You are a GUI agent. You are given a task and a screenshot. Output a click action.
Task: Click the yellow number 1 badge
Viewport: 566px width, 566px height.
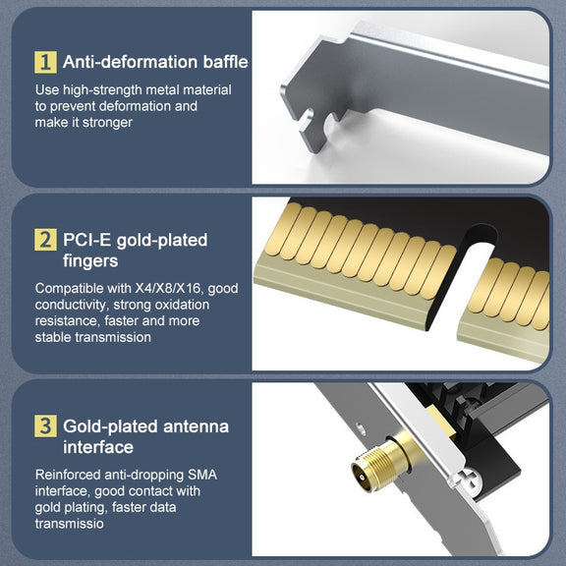[x=45, y=62]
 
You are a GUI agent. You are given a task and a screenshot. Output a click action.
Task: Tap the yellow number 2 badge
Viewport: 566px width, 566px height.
[x=45, y=240]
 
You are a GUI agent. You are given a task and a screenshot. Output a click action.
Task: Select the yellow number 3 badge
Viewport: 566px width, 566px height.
[x=45, y=425]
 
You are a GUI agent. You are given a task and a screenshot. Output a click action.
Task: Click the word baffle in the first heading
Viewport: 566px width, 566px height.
[x=226, y=62]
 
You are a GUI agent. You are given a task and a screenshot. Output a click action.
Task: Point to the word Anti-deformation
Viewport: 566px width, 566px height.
[x=131, y=62]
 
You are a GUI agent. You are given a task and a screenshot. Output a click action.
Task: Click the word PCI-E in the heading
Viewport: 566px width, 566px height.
[x=86, y=240]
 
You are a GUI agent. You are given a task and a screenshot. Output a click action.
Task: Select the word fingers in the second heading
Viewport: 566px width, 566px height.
[x=90, y=261]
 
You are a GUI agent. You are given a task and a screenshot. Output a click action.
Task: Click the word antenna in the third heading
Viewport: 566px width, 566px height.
[x=196, y=426]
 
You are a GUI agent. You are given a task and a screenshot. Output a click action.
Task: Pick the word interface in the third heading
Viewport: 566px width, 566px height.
[x=98, y=447]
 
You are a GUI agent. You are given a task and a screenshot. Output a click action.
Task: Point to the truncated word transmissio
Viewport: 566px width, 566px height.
[x=70, y=524]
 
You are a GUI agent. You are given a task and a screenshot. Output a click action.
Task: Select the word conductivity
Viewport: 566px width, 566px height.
[x=71, y=305]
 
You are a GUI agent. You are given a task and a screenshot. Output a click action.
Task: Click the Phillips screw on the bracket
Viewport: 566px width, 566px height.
[x=471, y=479]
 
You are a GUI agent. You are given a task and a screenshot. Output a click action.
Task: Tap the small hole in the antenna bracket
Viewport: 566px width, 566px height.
[x=360, y=429]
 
